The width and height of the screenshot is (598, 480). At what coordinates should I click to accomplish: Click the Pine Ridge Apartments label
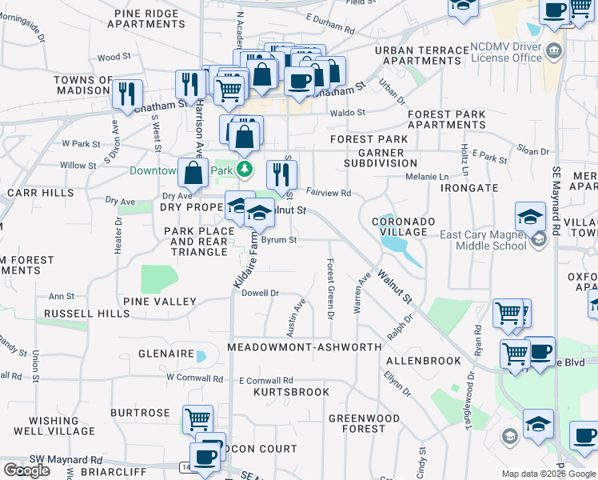coord(150,19)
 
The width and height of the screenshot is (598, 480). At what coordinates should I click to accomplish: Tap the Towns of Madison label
coord(83,85)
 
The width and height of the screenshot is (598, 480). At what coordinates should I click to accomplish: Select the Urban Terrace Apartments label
coord(421,55)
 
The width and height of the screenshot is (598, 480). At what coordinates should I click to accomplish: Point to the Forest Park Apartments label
coord(446,119)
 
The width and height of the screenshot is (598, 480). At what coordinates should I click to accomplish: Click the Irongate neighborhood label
coord(469,187)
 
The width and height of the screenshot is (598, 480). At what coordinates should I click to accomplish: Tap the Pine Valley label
coord(160,302)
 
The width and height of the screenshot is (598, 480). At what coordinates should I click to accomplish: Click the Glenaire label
coord(165,354)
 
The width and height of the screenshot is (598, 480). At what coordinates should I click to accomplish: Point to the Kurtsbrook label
coord(291,392)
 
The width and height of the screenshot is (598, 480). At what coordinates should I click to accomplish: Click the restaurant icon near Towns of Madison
coord(128,93)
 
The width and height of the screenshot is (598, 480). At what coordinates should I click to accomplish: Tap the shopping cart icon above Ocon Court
coord(197,418)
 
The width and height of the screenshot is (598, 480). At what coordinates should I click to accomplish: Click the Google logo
coord(26,470)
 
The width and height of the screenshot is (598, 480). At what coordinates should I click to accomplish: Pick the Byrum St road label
coord(279,239)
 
